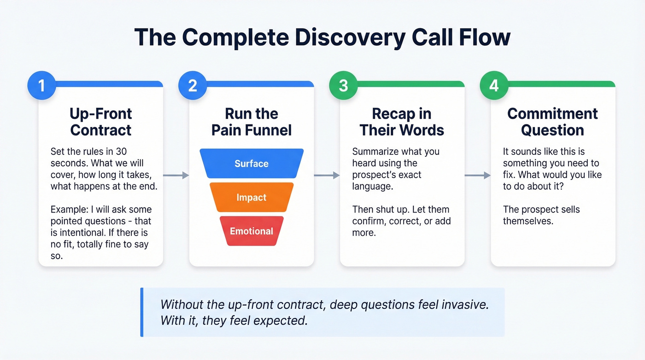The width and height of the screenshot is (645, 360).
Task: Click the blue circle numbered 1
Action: pos(41,86)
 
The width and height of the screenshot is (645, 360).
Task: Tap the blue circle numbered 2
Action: pos(192,86)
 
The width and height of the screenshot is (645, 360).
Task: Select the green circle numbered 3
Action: pos(343,86)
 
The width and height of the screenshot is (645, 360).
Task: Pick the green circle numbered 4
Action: pos(494,86)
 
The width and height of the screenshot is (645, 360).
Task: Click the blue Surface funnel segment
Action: pos(252,164)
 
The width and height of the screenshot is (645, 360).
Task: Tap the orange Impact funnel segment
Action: pos(252,197)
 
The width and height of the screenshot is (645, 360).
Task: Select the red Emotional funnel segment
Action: pos(252,231)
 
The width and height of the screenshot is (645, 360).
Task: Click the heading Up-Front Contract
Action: pos(100,122)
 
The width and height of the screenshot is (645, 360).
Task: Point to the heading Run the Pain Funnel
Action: pos(252,122)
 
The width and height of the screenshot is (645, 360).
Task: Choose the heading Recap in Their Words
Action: pos(402,122)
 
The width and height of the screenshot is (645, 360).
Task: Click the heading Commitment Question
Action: pos(552,122)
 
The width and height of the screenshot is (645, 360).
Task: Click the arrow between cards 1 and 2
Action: pos(176,175)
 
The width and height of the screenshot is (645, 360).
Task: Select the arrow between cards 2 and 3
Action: pos(327,175)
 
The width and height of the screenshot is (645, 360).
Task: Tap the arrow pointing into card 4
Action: pos(478,175)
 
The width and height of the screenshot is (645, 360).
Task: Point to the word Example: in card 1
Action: pos(70,210)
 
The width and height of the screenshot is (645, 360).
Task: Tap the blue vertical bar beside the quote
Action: pos(142,312)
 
